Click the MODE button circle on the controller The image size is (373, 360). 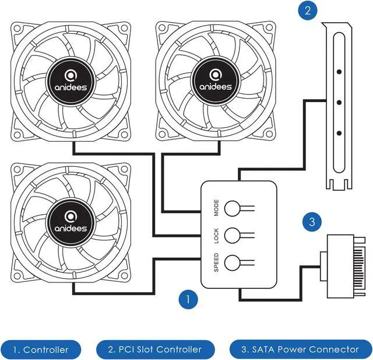[233, 208]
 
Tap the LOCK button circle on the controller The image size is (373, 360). [233, 235]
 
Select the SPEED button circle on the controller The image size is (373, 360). [233, 262]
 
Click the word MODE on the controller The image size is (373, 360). [216, 208]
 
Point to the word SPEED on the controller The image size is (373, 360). [216, 263]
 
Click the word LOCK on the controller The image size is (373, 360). [216, 235]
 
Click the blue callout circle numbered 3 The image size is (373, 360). [312, 222]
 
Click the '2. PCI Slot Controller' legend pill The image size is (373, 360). [155, 349]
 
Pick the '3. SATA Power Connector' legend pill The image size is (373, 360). [300, 349]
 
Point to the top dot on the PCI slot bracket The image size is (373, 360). [339, 74]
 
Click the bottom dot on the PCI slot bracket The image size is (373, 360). [339, 133]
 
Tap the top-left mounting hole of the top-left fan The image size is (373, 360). [19, 27]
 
